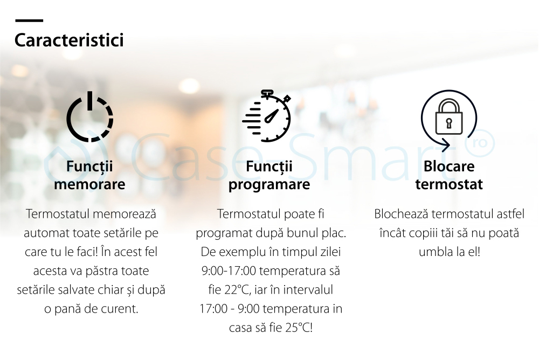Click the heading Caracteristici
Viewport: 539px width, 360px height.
coord(69,40)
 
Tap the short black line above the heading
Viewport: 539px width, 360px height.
coord(29,20)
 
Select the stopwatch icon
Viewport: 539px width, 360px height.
coord(267,116)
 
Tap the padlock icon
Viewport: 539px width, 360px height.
coord(449,117)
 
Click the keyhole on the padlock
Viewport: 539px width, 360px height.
coord(449,123)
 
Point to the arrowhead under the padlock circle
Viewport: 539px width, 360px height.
coord(446,145)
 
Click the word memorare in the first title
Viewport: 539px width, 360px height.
coord(89,184)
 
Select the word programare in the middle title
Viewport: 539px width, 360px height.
coord(269,185)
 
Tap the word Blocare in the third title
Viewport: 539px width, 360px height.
coord(449,167)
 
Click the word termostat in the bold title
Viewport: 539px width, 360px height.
coord(449,185)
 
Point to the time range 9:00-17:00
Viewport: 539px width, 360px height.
coord(229,271)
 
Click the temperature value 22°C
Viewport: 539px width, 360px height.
coord(237,290)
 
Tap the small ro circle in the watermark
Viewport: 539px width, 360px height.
coord(480,143)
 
